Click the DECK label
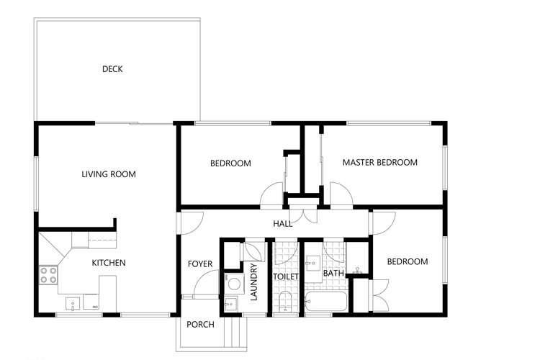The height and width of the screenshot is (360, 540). click(x=112, y=69)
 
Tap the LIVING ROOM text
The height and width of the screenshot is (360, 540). click(x=108, y=174)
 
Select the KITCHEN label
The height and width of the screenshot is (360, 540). click(x=108, y=263)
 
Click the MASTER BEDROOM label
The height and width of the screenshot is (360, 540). click(x=379, y=163)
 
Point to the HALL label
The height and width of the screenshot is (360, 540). click(x=282, y=224)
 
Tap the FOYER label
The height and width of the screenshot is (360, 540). click(x=200, y=264)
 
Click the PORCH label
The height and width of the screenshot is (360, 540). click(x=200, y=325)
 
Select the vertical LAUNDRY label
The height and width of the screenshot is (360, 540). click(x=253, y=282)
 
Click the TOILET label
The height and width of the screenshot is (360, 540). click(x=285, y=274)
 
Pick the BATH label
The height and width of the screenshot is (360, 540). click(x=333, y=274)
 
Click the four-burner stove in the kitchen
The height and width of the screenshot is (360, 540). click(x=48, y=274)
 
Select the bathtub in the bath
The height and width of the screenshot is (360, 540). click(x=326, y=302)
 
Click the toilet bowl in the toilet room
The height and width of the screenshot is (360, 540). click(x=285, y=301)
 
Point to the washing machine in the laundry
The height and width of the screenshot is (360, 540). click(x=233, y=283)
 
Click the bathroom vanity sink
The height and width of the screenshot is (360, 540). click(x=313, y=262)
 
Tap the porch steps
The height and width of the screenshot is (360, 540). click(x=233, y=332)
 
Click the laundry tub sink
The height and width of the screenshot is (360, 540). click(x=230, y=305)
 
